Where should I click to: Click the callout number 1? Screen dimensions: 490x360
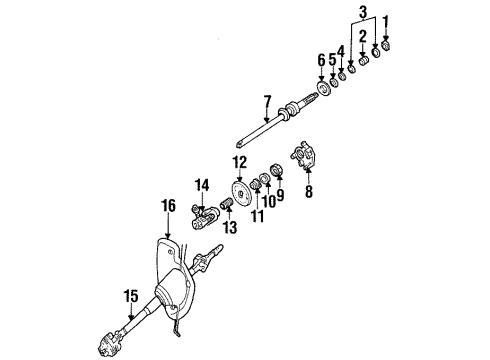[386, 22]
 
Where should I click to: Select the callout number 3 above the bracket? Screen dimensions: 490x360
[363, 12]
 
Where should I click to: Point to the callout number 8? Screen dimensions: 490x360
[309, 191]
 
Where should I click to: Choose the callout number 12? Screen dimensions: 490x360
[240, 162]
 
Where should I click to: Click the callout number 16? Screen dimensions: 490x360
[169, 206]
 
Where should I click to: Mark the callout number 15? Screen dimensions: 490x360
[131, 296]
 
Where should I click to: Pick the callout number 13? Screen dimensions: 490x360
[230, 227]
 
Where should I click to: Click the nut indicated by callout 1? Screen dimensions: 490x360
[386, 45]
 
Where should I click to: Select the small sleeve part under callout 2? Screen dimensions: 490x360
[363, 61]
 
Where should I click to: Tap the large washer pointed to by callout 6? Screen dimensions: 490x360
[323, 89]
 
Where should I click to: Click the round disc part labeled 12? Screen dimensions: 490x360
[240, 194]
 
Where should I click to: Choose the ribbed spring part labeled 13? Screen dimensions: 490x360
[226, 203]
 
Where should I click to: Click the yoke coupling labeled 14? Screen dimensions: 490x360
[203, 217]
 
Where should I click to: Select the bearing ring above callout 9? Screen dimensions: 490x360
[277, 170]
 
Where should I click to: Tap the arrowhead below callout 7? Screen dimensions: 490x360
[266, 119]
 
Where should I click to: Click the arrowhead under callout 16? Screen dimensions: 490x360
[168, 236]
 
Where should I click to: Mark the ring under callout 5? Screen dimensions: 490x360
[333, 81]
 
